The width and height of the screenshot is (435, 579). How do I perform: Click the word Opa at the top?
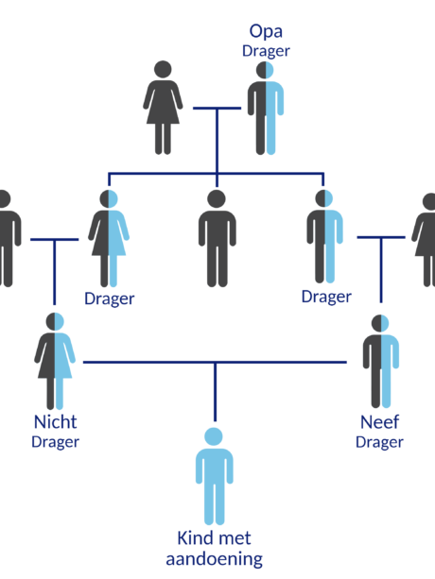pyautogui.click(x=266, y=32)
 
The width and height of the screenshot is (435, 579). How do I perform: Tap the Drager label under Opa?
pyautogui.click(x=266, y=51)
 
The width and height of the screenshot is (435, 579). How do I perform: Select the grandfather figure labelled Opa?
pyautogui.click(x=266, y=108)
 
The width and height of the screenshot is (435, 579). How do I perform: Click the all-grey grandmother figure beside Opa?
pyautogui.click(x=163, y=108)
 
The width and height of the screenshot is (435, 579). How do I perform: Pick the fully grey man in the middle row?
pyautogui.click(x=217, y=239)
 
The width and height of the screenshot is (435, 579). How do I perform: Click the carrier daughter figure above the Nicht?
pyautogui.click(x=109, y=239)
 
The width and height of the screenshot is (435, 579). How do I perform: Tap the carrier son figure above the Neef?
pyautogui.click(x=324, y=237)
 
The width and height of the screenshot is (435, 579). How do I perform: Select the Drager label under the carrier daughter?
pyautogui.click(x=109, y=298)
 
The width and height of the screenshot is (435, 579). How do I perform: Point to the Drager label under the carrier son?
pyautogui.click(x=326, y=297)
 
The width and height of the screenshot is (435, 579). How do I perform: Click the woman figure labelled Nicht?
pyautogui.click(x=55, y=361)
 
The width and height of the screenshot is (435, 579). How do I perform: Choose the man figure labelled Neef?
pyautogui.click(x=381, y=361)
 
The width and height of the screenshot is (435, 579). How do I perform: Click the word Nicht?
pyautogui.click(x=55, y=421)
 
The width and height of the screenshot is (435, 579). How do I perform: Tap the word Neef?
pyautogui.click(x=379, y=422)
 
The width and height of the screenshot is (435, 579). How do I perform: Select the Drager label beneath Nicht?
pyautogui.click(x=55, y=442)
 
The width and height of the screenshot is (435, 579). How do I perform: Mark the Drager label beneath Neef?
pyautogui.click(x=379, y=442)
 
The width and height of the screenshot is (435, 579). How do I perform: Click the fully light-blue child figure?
pyautogui.click(x=214, y=476)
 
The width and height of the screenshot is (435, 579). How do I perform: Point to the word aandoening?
pyautogui.click(x=214, y=559)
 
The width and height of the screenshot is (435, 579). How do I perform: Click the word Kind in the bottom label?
pyautogui.click(x=194, y=538)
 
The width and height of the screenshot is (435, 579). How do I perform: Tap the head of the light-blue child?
pyautogui.click(x=214, y=436)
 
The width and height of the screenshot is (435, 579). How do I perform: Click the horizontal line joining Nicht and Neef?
pyautogui.click(x=215, y=363)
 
